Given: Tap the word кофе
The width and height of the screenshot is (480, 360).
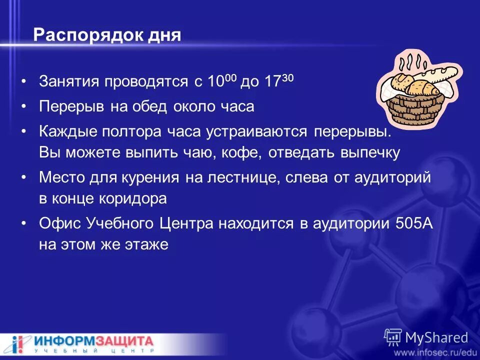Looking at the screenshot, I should coord(239,152).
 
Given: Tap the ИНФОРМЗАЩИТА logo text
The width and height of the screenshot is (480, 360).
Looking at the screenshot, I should coord(94,342).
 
